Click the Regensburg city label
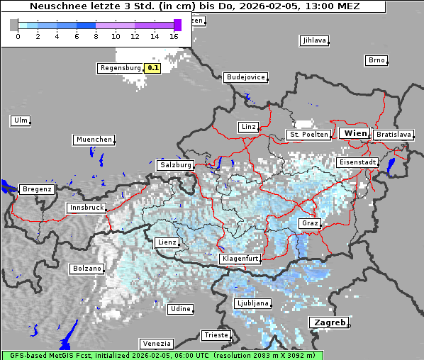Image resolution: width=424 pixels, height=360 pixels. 121,68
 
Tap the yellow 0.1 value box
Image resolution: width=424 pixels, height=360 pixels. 152,68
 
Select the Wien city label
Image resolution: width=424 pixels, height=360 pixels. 355,133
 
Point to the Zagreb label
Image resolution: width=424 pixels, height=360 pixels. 329,322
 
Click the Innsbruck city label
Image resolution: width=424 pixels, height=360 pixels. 87,208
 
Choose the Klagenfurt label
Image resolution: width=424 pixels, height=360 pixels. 240,259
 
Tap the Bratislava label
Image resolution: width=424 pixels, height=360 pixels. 394,134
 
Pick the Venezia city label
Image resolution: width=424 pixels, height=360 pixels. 156,343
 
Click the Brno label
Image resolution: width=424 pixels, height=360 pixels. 376,60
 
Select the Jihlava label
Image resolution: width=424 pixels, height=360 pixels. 314,40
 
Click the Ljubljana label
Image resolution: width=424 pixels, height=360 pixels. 253,303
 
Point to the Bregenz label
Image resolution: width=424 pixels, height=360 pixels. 37,189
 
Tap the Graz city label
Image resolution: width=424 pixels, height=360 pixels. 310,223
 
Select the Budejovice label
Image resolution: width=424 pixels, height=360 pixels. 245,77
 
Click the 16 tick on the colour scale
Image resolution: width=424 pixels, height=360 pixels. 174,35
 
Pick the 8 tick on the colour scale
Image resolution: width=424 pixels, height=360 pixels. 96,35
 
